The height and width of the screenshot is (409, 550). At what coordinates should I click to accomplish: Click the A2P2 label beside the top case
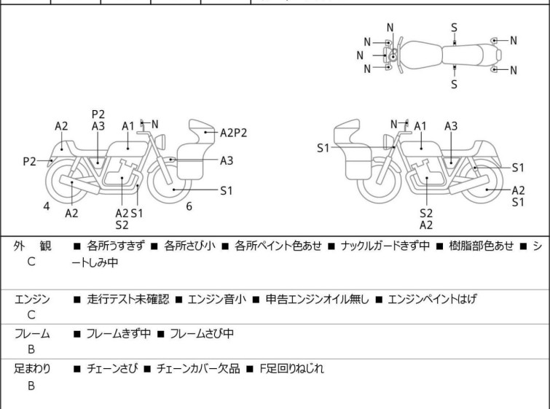tap(233, 133)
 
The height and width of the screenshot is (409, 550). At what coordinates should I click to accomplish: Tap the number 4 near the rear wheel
tap(47, 206)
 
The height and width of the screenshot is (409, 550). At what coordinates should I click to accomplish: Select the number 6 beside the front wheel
tap(189, 206)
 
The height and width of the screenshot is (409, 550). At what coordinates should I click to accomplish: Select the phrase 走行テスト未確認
tap(128, 298)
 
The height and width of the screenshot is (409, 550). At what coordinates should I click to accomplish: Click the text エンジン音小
tap(216, 298)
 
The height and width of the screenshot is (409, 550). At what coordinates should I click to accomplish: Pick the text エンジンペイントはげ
tap(432, 298)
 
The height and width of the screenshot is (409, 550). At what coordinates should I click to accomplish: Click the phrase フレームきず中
tap(119, 334)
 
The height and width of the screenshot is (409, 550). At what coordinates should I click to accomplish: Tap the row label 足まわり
tap(33, 369)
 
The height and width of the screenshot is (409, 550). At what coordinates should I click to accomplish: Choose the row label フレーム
tap(33, 334)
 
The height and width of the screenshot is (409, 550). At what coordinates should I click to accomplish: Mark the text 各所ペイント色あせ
tap(278, 246)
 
